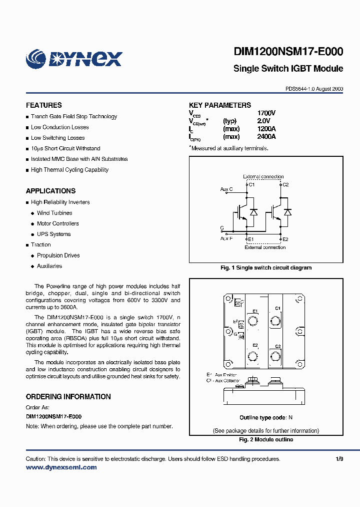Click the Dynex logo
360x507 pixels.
[74, 59]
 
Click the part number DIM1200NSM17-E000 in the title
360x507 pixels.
[288, 52]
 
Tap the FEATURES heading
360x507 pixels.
[44, 105]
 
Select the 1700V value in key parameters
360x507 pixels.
[266, 114]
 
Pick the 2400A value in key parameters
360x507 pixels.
[266, 136]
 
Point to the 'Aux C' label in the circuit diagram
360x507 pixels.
[226, 189]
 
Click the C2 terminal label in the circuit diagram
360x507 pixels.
[285, 185]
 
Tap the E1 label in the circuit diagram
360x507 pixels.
[250, 239]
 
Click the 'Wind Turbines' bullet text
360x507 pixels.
[54, 213]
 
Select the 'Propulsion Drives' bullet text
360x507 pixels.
[58, 256]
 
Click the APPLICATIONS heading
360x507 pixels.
[51, 191]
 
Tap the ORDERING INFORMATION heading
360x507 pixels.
[68, 397]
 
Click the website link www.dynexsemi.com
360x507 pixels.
[61, 467]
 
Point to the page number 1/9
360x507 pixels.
[339, 459]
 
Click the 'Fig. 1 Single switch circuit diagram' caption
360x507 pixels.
[266, 268]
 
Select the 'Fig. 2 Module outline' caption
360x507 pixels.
[266, 439]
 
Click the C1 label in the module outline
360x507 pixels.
[278, 308]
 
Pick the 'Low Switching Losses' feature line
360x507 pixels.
[57, 138]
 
